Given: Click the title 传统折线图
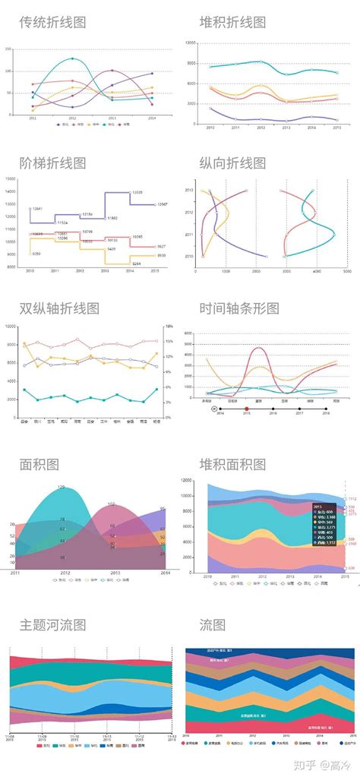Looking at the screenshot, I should tap(52, 22).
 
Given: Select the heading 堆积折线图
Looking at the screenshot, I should tap(232, 22).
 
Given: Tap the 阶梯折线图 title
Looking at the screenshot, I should tap(52, 163).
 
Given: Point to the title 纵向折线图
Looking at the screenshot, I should tap(232, 163).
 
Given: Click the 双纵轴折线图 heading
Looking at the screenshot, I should tap(59, 308).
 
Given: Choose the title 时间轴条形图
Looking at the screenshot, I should tap(239, 308).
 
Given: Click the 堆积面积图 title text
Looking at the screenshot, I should tap(232, 464).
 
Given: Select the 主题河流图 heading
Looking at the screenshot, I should tap(52, 624).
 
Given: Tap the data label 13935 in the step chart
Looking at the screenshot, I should tap(137, 193).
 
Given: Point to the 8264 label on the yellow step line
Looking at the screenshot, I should tap(137, 264).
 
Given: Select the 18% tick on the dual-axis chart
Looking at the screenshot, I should tap(169, 327).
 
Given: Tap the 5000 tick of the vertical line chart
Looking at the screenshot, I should tap(346, 270).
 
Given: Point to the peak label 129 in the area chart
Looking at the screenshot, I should tap(62, 487).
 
